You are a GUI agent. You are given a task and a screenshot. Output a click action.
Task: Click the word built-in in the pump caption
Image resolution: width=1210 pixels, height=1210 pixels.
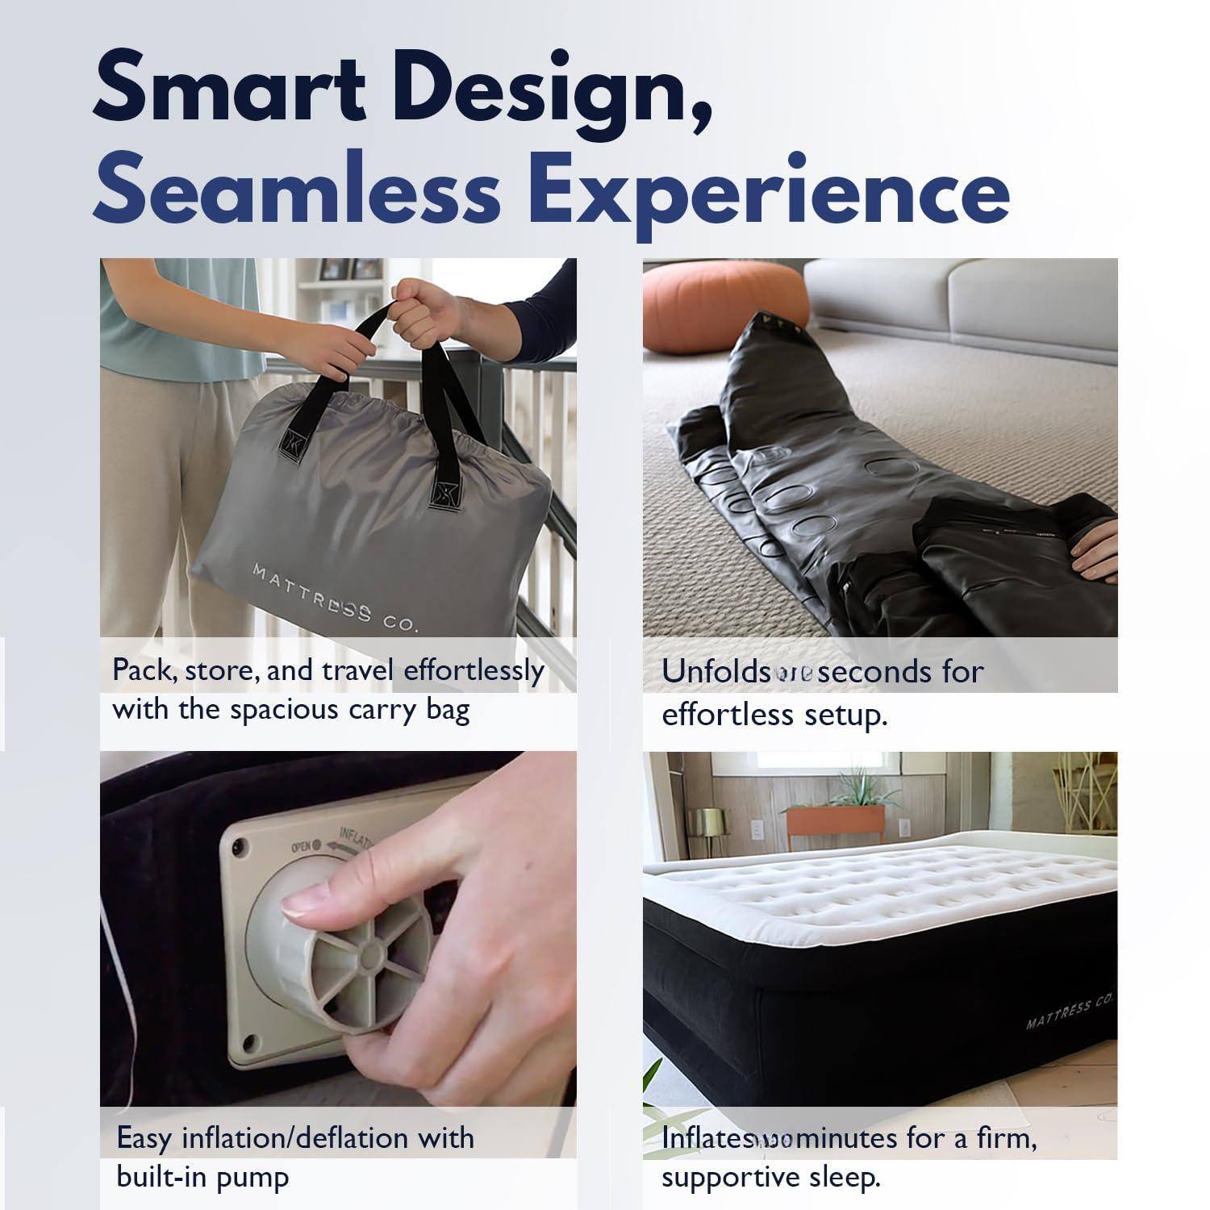pos(161,1177)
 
